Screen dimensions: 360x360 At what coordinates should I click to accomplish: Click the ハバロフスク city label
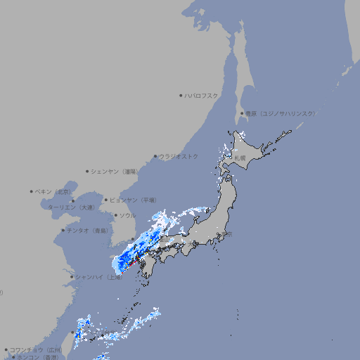pos(202,96)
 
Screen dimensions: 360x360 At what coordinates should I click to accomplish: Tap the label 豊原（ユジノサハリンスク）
pos(280,113)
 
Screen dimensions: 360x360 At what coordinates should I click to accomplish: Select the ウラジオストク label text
pos(179,156)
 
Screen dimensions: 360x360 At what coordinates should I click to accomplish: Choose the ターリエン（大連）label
pos(71,207)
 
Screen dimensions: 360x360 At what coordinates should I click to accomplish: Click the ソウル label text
pos(127,215)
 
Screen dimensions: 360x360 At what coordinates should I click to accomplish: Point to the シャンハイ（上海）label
pos(98,277)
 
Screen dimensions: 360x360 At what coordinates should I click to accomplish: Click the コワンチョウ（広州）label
pos(35,349)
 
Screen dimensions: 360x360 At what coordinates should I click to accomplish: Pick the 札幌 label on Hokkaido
pos(240,158)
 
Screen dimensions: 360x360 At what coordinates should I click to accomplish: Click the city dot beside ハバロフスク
pos(181,96)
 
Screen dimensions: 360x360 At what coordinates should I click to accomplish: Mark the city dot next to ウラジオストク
pos(155,156)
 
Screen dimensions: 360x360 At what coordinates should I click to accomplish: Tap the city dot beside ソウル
pos(115,215)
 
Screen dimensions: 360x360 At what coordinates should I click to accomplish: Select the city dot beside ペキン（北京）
pos(32,191)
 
